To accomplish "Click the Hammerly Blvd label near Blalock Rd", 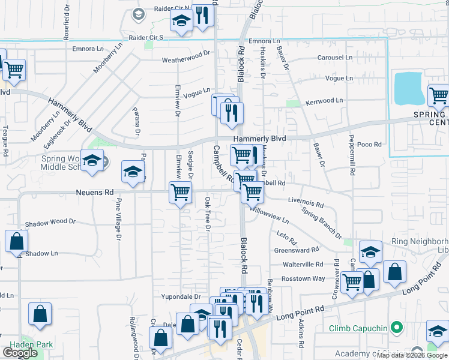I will coord(259,139).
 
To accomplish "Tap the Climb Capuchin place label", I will coord(357,328).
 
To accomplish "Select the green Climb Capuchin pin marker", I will coord(396,328).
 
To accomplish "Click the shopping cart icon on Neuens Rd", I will coord(181,193).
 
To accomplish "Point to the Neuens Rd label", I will coord(95,193).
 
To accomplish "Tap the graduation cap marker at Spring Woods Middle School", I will coord(92,161).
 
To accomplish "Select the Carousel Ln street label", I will coord(335,58).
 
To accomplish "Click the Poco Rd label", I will coord(369,145).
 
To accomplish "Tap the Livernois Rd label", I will coord(306,204).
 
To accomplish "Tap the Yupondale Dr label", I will coord(180,296).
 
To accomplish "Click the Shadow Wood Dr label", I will coord(50,221).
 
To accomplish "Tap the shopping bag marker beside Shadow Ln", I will coord(16,241).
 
